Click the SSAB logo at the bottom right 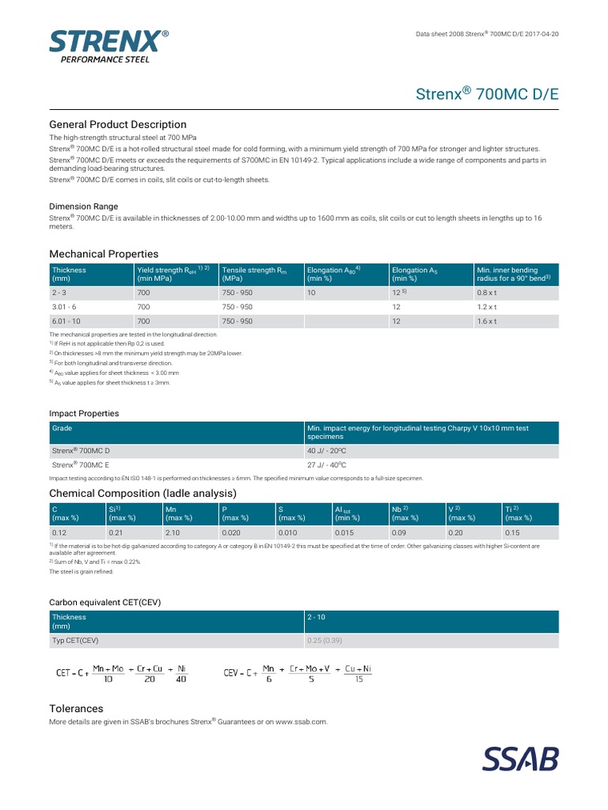click(521, 758)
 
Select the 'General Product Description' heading click(118, 124)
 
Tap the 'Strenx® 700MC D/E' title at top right click(487, 94)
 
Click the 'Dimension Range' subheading click(84, 206)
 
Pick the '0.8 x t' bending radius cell click(487, 293)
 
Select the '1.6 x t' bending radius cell click(487, 321)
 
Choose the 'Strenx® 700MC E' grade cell click(81, 465)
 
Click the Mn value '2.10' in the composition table click(173, 533)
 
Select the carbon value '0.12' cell click(60, 533)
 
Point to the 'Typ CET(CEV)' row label click(75, 639)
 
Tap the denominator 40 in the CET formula click(181, 679)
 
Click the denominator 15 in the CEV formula click(359, 679)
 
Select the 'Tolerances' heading click(76, 708)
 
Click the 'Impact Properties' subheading click(84, 413)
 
